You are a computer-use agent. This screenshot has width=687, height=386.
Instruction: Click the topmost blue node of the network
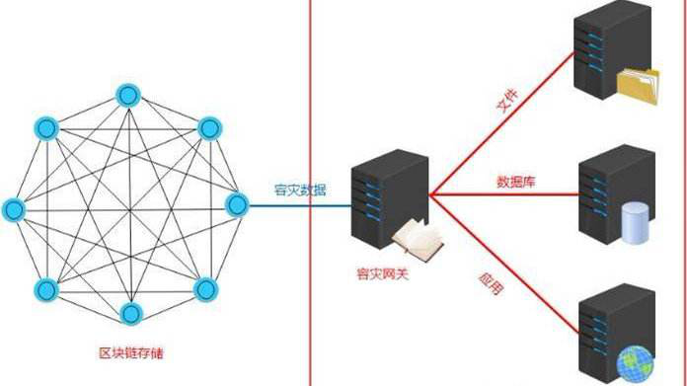tap(127, 96)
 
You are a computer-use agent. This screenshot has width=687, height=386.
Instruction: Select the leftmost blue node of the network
tap(13, 208)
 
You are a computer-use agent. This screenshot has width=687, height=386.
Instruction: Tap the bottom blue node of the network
tap(130, 315)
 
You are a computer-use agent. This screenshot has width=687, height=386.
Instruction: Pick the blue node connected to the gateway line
tap(237, 204)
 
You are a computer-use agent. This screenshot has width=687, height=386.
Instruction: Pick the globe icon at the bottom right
tap(633, 364)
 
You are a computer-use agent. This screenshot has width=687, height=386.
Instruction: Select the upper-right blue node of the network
tap(208, 127)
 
